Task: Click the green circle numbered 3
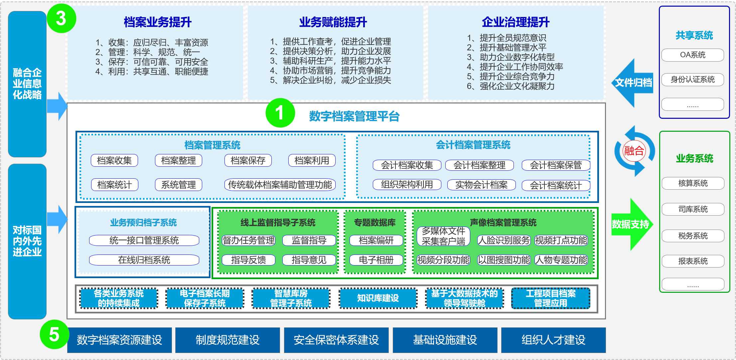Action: click(x=62, y=18)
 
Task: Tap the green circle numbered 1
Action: click(x=280, y=112)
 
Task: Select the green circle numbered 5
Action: click(x=54, y=334)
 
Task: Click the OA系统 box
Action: click(x=693, y=55)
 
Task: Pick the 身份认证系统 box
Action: click(x=693, y=80)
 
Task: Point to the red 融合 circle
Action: click(x=634, y=151)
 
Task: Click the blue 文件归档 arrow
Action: click(x=633, y=83)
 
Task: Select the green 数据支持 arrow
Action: click(x=632, y=225)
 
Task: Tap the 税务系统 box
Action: click(x=693, y=236)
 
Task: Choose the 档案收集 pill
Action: click(x=114, y=160)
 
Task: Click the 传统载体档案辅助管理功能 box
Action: click(x=280, y=185)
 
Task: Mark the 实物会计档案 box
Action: click(x=481, y=185)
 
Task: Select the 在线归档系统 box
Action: click(x=144, y=260)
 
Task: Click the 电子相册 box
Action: click(x=376, y=260)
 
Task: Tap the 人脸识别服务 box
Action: click(x=504, y=240)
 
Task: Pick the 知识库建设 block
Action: click(x=378, y=298)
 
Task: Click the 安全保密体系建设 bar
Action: click(x=336, y=340)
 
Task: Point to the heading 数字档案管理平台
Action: click(x=354, y=116)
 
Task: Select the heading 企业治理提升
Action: click(x=515, y=22)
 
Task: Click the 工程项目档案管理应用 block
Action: click(x=551, y=298)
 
